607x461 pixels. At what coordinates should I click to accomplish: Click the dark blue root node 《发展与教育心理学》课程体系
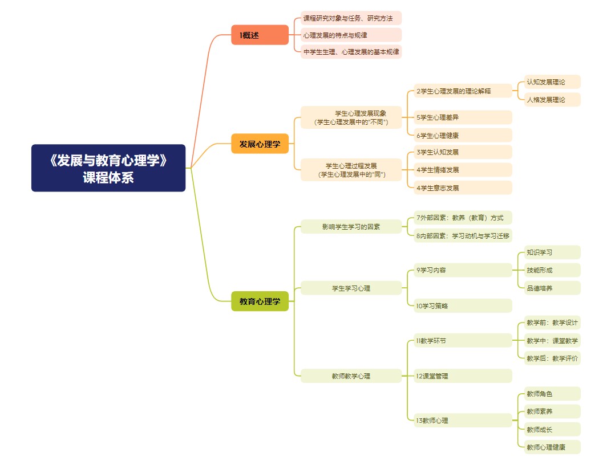pos(108,168)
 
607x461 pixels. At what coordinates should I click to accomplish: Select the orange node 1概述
pos(260,35)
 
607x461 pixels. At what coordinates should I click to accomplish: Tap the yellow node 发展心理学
pos(260,144)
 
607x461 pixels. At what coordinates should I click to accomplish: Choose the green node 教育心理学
pos(260,301)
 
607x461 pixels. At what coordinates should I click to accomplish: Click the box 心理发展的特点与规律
pos(351,35)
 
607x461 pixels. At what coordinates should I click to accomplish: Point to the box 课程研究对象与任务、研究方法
pos(351,18)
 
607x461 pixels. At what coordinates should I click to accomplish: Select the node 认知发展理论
pos(552,82)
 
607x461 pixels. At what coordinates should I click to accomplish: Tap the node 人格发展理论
pos(552,100)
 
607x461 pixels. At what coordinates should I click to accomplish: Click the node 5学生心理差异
pos(463,117)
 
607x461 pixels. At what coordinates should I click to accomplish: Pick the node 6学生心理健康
pos(463,135)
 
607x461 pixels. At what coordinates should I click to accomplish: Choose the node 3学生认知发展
pos(463,152)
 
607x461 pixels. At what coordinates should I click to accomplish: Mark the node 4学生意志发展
pos(463,187)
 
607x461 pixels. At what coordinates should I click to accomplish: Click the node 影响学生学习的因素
pos(351,227)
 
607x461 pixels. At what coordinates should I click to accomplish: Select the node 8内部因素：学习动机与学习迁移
pos(463,235)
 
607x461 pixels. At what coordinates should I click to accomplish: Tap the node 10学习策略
pos(463,306)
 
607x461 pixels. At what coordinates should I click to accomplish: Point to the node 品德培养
pos(552,288)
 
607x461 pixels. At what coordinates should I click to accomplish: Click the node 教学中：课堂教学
pos(552,341)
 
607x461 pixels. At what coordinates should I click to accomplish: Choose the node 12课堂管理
pos(463,376)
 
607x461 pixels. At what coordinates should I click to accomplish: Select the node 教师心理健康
pos(552,447)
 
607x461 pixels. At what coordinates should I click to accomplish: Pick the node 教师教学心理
pos(351,376)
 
